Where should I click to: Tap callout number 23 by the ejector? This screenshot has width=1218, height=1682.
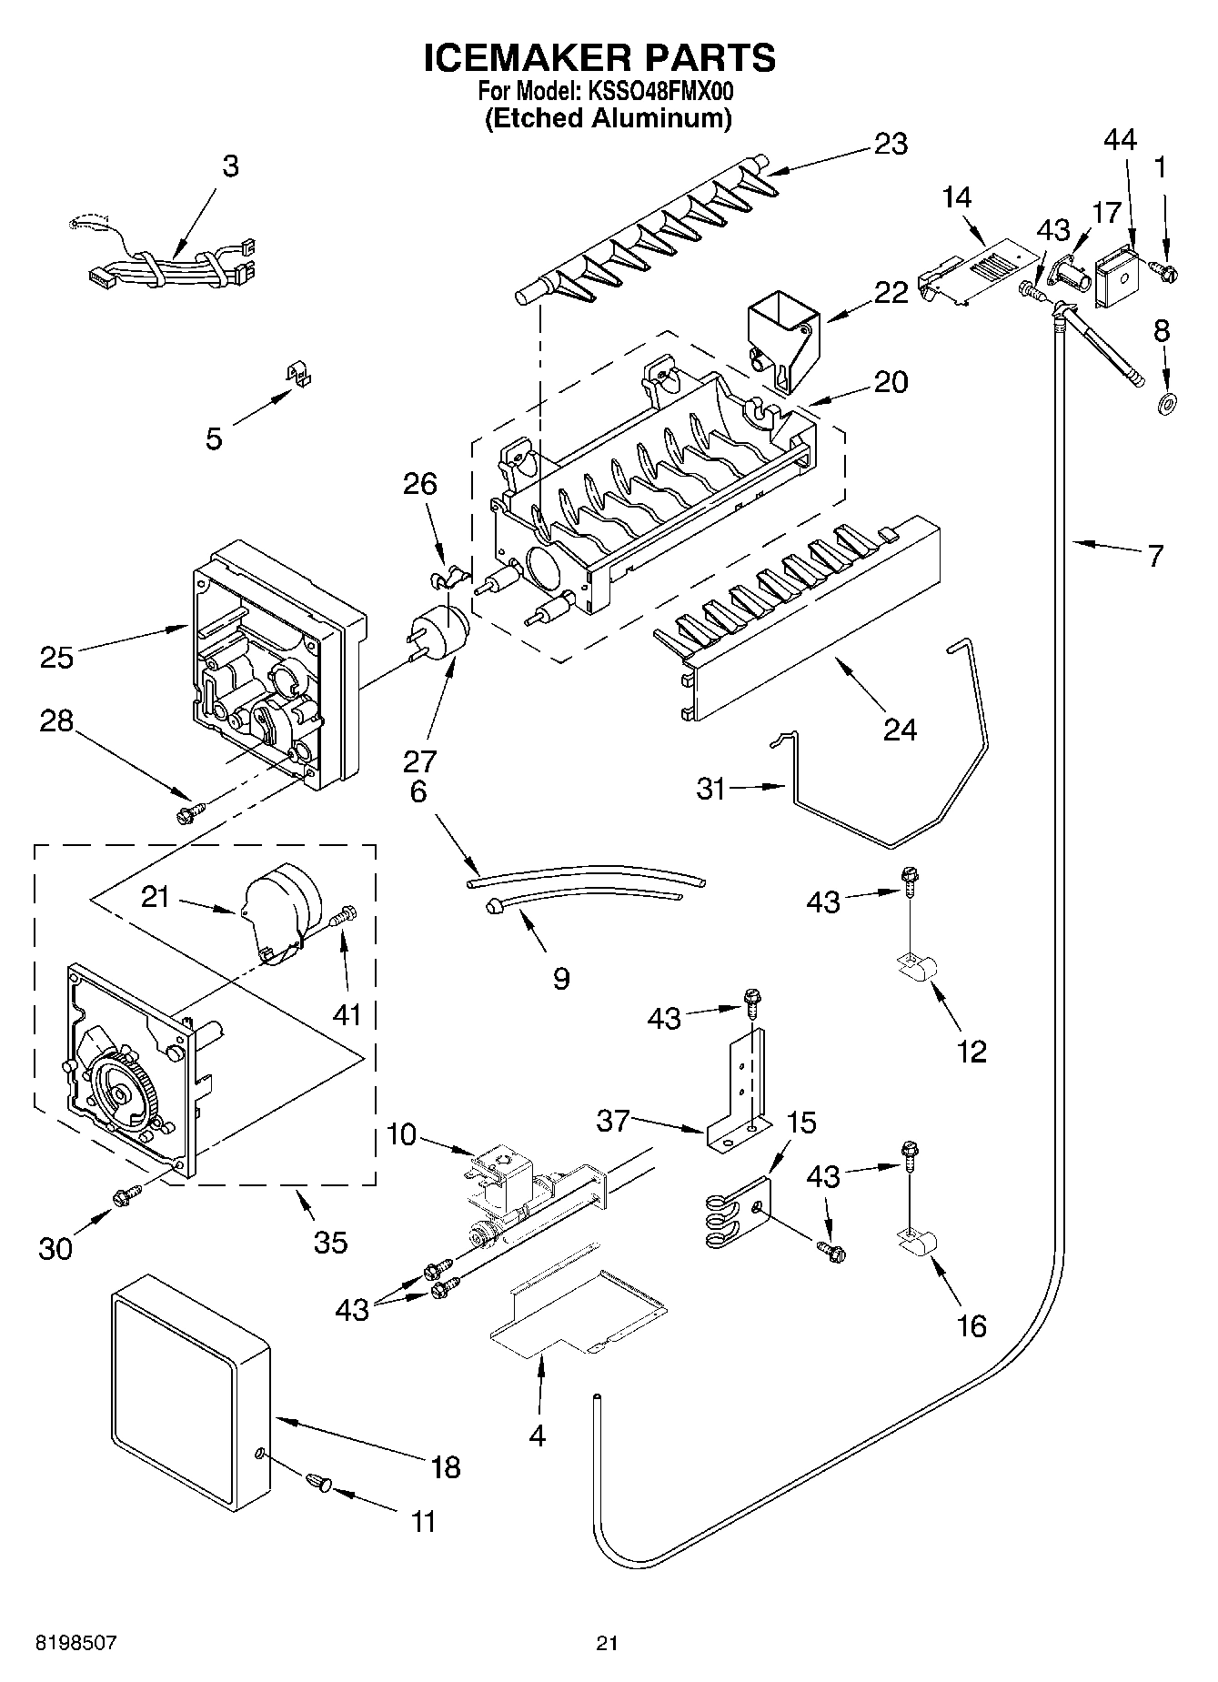click(x=891, y=145)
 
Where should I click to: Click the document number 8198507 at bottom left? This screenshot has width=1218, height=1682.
click(x=76, y=1643)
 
